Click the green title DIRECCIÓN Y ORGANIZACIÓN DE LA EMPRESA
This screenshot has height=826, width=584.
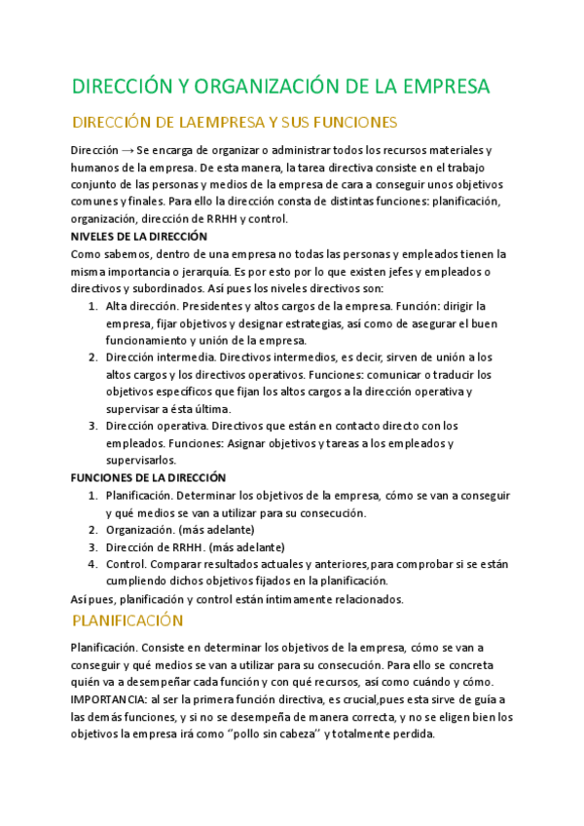pyautogui.click(x=280, y=86)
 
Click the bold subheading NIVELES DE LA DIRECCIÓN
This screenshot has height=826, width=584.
pyautogui.click(x=139, y=237)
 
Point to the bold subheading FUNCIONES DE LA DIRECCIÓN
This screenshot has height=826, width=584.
pyautogui.click(x=148, y=478)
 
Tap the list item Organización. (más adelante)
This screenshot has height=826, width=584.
pyautogui.click(x=180, y=529)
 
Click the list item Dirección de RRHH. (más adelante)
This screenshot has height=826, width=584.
pyautogui.click(x=181, y=546)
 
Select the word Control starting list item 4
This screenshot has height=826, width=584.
pyautogui.click(x=126, y=564)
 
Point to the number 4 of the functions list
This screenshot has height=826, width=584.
pyautogui.click(x=92, y=564)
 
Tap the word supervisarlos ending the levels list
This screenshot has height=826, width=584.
pyautogui.click(x=140, y=460)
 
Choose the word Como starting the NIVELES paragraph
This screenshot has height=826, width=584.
pyautogui.click(x=85, y=254)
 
